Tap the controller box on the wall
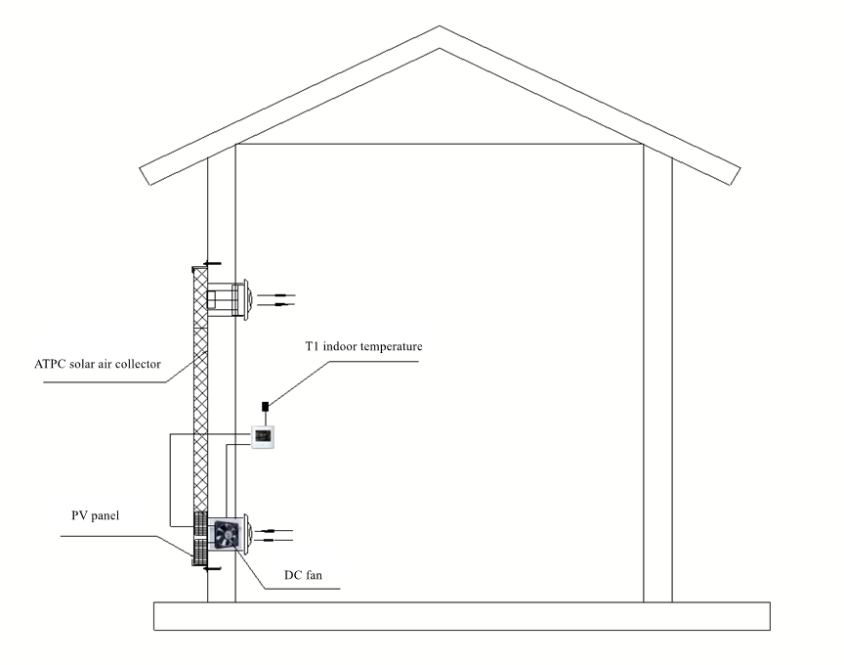(265, 436)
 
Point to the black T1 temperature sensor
(264, 406)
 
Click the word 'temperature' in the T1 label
(387, 346)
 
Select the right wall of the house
(657, 372)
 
